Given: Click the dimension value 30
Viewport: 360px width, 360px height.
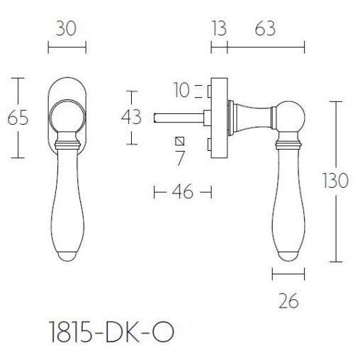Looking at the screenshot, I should (x=66, y=29).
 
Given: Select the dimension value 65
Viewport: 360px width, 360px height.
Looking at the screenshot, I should (x=18, y=118).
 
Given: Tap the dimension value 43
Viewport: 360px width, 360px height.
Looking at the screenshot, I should (x=131, y=118).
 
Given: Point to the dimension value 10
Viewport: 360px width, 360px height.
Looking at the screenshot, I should (x=182, y=90).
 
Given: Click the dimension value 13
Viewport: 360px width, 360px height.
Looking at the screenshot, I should (x=218, y=29).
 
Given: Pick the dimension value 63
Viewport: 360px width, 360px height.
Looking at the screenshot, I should (x=264, y=29).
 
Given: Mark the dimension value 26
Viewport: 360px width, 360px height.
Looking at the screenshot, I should (x=288, y=301).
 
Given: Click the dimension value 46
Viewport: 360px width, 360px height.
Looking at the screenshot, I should (x=183, y=192).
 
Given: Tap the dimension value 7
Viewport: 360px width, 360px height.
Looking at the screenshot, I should (x=181, y=158).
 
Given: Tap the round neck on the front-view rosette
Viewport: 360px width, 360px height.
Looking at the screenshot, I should (x=66, y=115).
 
